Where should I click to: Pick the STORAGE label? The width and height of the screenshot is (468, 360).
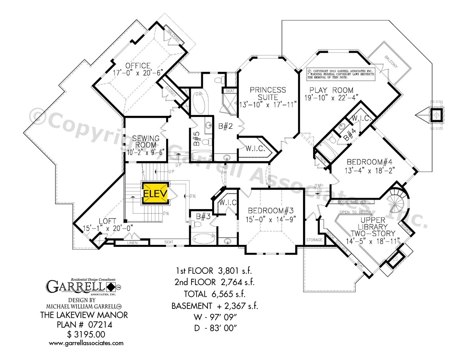click(314, 240)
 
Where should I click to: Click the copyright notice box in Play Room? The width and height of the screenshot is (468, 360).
click(340, 73)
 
